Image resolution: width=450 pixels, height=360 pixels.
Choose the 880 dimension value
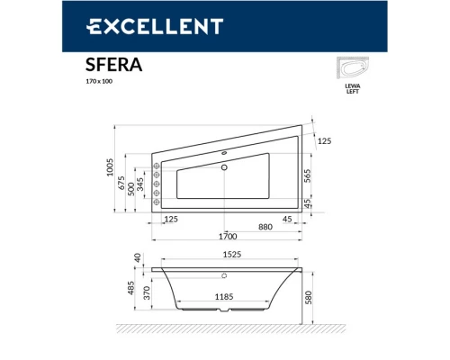(241, 227)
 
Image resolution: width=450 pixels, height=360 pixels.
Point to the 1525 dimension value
(230, 255)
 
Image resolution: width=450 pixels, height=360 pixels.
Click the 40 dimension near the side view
(138, 257)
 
